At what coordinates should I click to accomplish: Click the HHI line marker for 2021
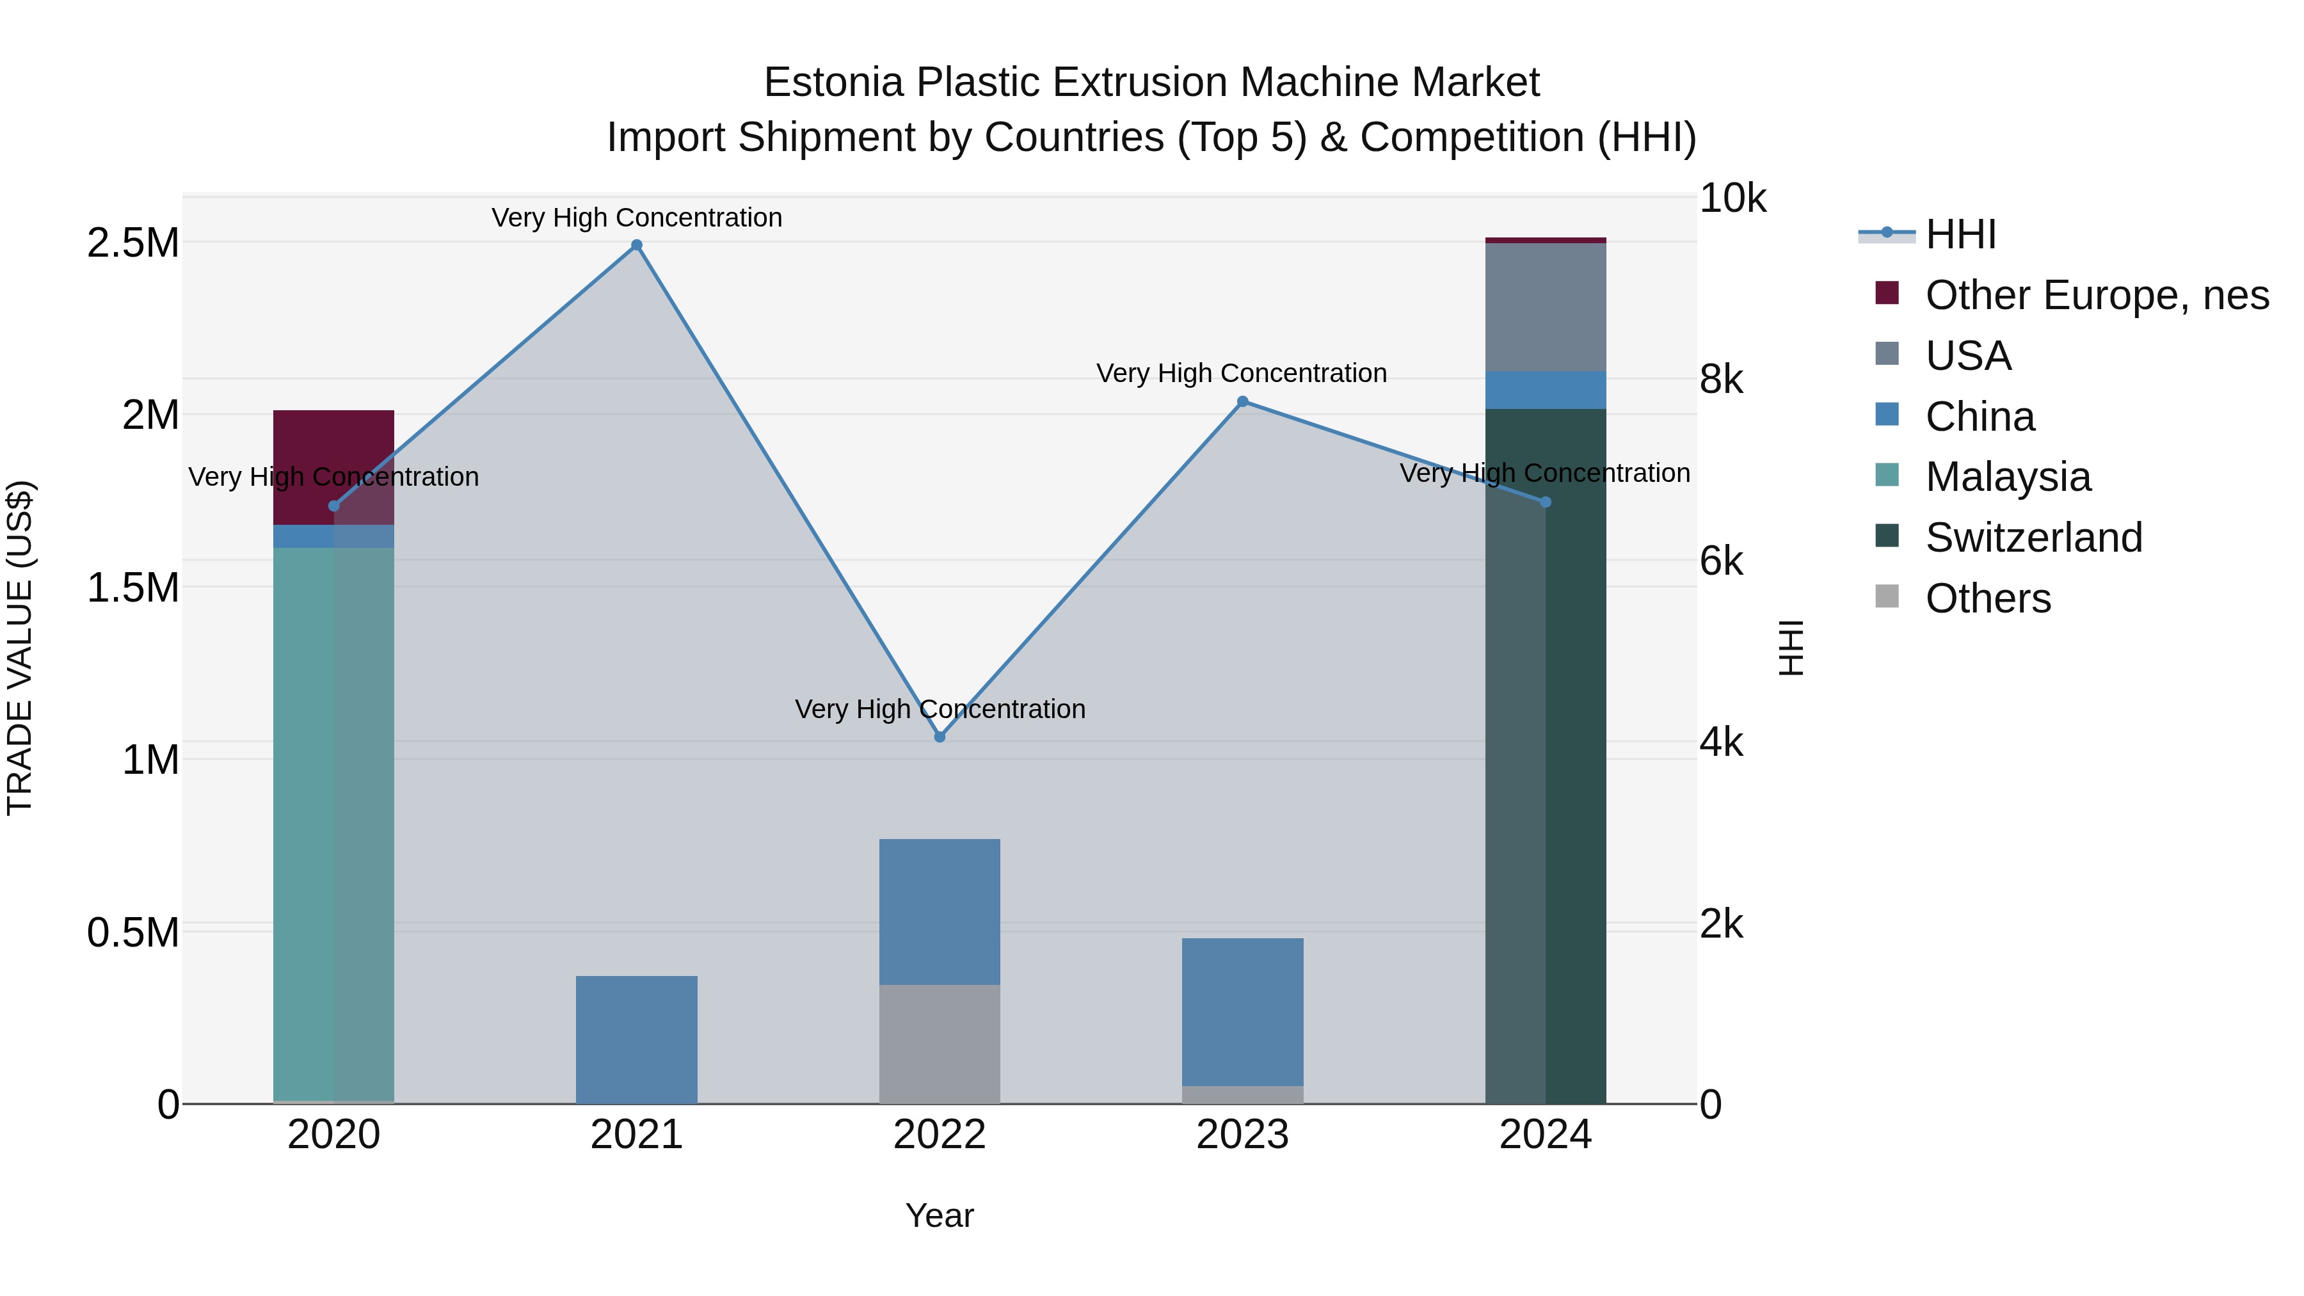[x=636, y=245]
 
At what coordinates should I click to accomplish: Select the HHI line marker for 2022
[x=939, y=737]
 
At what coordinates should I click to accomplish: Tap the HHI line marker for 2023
[x=1242, y=401]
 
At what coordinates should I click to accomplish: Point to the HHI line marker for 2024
[x=1545, y=502]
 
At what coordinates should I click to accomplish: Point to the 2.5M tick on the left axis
[x=132, y=243]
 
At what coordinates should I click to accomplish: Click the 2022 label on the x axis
[x=939, y=1135]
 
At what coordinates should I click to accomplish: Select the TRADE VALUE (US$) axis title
[x=20, y=648]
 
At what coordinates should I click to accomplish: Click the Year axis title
[x=939, y=1215]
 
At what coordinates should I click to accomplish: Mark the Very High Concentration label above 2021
[x=636, y=218]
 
